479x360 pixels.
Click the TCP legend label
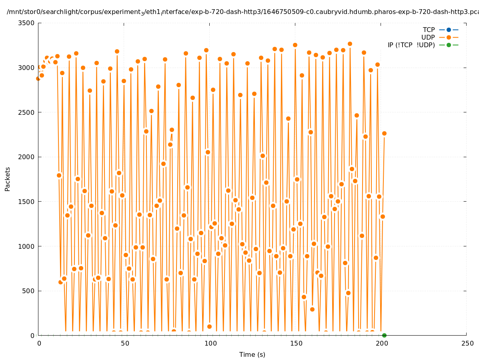coord(429,30)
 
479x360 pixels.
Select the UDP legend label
coord(428,37)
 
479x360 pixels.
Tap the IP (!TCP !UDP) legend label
coord(411,45)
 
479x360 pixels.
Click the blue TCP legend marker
coord(449,30)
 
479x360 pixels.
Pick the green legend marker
coord(449,45)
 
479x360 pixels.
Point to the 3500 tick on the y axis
coord(27,23)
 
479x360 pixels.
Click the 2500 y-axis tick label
coord(27,112)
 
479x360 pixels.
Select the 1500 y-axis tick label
coord(27,202)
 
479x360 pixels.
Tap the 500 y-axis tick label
coord(28,291)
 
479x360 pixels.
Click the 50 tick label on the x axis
coord(125,343)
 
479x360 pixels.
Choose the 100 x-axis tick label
coord(210,343)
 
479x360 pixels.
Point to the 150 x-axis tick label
coord(296,343)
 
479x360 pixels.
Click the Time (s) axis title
coord(252,354)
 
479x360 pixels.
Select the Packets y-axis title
coord(8,179)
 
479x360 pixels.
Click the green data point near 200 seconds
coord(384,335)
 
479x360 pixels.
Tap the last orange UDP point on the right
coord(384,133)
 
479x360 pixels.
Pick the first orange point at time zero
coord(38,78)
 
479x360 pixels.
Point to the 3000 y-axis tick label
coord(27,68)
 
